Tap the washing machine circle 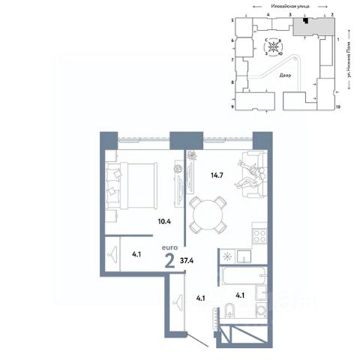[x=261, y=310]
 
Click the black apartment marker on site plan [x=305, y=21]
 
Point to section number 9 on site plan [x=233, y=107]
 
